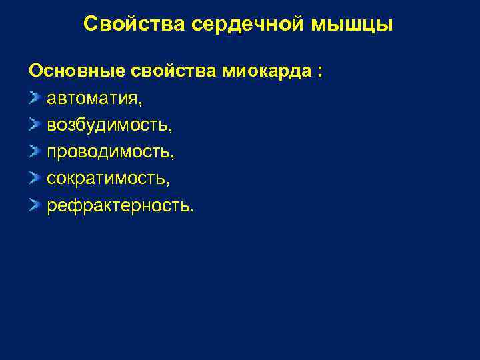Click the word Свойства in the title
135,25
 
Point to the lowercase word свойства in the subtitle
169,71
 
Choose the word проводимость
109,152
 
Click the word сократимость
107,179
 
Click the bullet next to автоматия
34,99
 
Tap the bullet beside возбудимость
34,125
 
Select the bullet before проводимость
34,152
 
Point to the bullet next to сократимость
34,179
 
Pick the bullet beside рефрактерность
34,205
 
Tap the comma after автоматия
139,103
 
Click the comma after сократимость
169,183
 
